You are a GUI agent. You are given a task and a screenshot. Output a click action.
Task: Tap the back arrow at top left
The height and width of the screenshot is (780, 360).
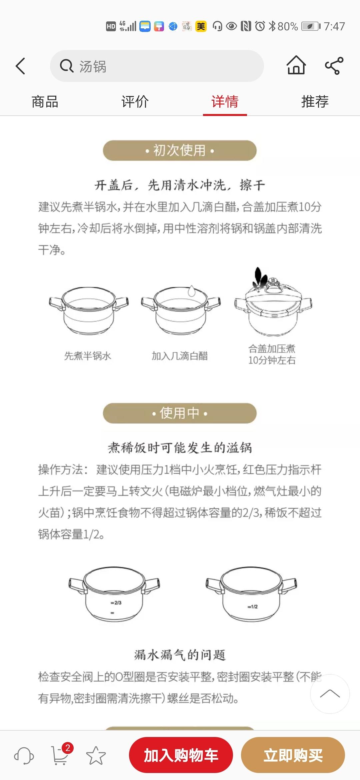(21, 66)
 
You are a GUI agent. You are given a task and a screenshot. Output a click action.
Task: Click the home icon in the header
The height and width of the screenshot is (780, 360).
(296, 65)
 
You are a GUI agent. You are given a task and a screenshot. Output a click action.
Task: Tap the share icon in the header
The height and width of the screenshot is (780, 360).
(334, 66)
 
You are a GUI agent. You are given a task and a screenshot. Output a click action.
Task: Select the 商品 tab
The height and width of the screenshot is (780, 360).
(45, 102)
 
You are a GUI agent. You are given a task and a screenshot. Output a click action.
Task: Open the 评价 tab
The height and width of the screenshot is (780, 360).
(135, 102)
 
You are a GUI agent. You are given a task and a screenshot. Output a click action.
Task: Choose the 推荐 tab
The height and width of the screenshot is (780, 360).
(315, 102)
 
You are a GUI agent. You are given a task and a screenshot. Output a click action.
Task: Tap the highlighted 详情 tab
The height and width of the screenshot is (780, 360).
(225, 102)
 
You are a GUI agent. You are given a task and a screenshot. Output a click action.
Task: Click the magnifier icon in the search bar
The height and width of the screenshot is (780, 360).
(66, 66)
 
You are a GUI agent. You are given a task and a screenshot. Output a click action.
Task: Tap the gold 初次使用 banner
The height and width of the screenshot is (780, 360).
(180, 151)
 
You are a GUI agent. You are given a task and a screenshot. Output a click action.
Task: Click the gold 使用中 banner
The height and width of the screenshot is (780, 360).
(180, 413)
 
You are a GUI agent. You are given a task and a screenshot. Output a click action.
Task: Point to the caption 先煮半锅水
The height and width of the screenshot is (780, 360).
(88, 356)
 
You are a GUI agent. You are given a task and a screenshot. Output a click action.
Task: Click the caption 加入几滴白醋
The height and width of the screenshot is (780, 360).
(180, 356)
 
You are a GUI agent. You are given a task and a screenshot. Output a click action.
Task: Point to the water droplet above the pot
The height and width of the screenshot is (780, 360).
(191, 291)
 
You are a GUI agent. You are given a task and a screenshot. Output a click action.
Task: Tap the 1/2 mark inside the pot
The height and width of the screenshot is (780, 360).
(253, 606)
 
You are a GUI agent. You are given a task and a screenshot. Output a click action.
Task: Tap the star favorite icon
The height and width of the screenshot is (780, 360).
(96, 755)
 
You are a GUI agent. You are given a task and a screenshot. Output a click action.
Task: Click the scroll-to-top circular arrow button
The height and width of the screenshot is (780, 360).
(330, 694)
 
